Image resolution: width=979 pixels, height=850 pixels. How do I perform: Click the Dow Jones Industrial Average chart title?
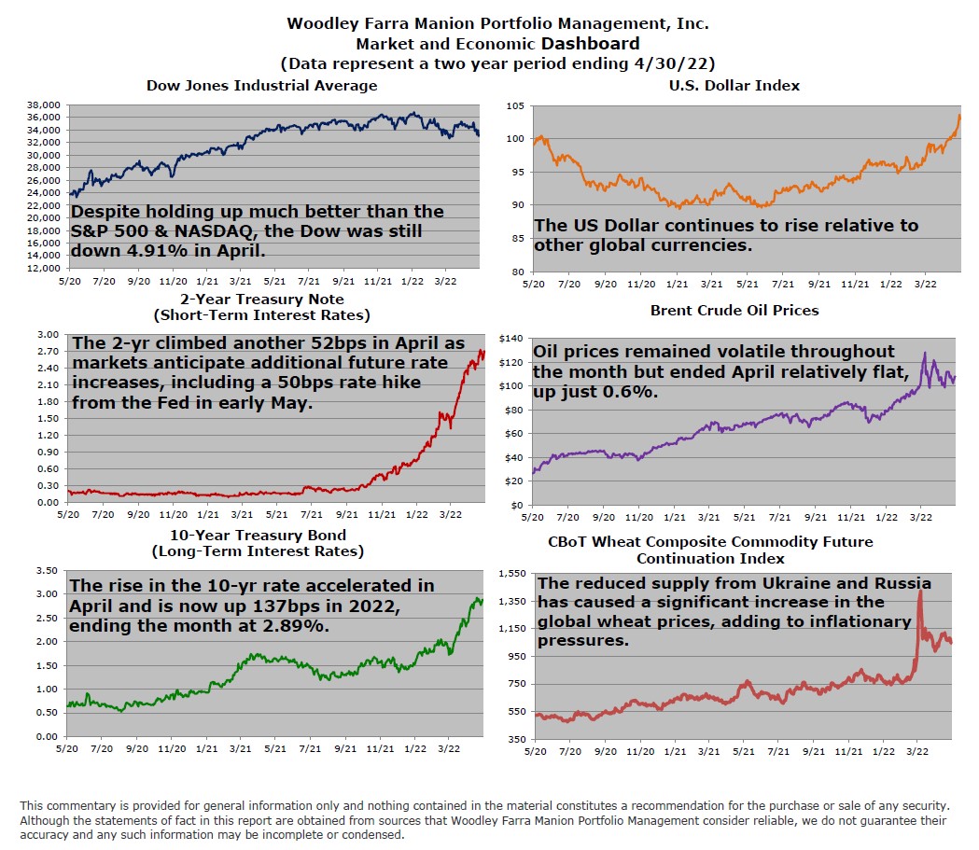click(x=262, y=86)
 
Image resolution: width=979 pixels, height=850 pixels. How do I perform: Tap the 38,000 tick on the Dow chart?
click(x=45, y=105)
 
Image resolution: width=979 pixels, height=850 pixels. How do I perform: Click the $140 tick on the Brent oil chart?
click(x=512, y=338)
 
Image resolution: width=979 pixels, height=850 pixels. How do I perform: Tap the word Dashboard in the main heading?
click(x=589, y=44)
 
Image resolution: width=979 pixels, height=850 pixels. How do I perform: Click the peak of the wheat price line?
click(x=921, y=591)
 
